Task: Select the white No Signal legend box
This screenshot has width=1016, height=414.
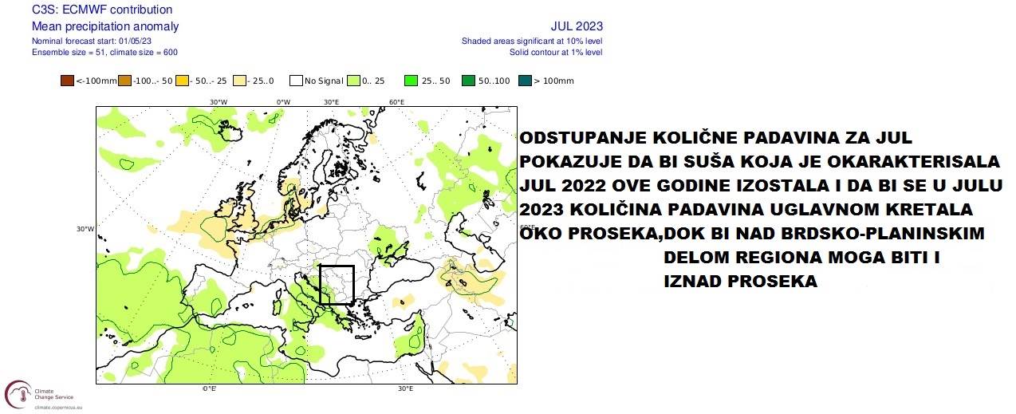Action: coord(296,81)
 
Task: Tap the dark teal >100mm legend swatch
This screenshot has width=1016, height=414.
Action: coord(525,81)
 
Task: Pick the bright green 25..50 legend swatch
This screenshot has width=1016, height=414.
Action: coord(411,81)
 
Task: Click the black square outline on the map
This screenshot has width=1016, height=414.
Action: coord(337,285)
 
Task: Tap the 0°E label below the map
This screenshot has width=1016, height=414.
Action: coord(210,388)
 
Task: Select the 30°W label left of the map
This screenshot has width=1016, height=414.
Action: coord(85,229)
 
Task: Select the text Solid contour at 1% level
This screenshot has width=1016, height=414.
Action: coord(556,52)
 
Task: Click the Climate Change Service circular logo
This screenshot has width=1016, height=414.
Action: coord(18,393)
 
